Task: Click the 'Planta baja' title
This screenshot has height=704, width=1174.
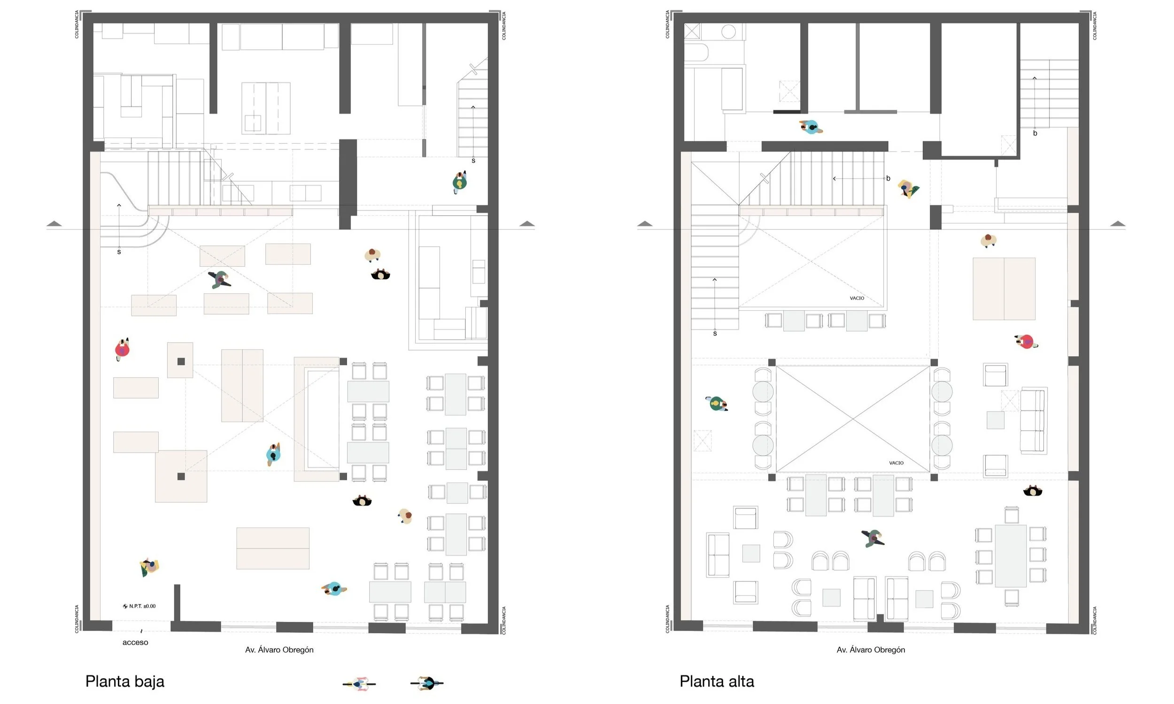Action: (125, 681)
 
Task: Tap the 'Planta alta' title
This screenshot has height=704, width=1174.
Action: (717, 681)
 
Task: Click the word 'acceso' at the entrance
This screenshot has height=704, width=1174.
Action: (135, 643)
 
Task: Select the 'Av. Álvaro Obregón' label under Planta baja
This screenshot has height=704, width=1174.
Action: (279, 650)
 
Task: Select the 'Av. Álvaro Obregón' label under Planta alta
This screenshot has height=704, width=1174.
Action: (871, 650)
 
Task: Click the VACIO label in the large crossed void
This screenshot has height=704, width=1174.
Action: (896, 463)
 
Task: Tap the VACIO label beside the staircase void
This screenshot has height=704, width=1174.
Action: (857, 298)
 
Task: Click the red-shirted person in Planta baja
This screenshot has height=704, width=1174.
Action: (123, 350)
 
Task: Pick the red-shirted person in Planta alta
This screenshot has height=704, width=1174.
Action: (1026, 341)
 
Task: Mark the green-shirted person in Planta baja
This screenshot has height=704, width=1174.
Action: (459, 182)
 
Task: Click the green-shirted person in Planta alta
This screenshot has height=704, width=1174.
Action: (717, 404)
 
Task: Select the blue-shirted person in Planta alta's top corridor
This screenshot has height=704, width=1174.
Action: (811, 127)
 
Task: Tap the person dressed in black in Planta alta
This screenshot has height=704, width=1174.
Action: (1033, 491)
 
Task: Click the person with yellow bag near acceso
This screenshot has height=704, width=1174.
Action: (149, 567)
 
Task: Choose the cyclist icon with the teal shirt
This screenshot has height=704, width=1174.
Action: (427, 683)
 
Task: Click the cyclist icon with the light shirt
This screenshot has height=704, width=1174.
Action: (359, 684)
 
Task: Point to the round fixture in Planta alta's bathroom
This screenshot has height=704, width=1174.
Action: (728, 32)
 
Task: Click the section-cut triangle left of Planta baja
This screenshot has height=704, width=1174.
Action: (54, 223)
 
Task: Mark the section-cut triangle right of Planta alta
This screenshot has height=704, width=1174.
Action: (1118, 223)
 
